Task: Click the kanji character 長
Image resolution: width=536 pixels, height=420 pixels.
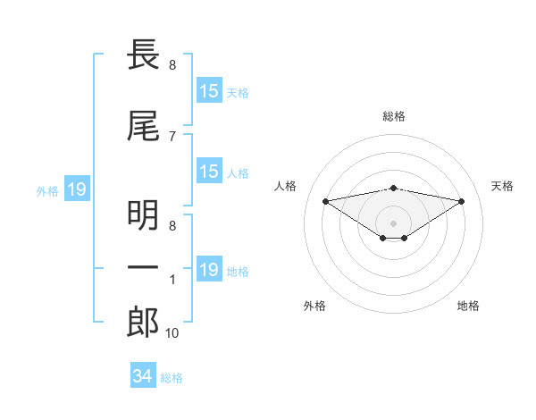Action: (x=144, y=55)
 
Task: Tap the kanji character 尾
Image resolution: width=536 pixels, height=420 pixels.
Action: (x=144, y=128)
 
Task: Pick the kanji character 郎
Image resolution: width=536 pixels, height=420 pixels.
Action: (x=144, y=321)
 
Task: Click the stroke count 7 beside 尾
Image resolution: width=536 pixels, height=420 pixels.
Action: (x=172, y=136)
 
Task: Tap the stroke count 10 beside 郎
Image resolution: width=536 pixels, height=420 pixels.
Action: (x=172, y=332)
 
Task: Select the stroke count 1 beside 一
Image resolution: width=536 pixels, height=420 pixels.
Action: (x=172, y=280)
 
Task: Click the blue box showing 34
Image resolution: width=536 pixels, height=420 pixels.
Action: (x=142, y=376)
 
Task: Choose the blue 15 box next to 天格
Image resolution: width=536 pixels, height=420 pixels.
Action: (x=209, y=91)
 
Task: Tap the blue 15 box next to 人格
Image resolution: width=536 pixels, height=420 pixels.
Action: (x=209, y=172)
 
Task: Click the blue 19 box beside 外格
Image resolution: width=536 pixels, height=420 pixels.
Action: (x=76, y=189)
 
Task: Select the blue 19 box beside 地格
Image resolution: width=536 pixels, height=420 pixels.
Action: (x=209, y=270)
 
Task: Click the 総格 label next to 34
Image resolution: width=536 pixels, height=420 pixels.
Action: (x=172, y=378)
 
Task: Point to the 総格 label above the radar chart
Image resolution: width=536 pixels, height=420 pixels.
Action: (x=393, y=116)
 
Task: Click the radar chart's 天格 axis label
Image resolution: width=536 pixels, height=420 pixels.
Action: (x=502, y=186)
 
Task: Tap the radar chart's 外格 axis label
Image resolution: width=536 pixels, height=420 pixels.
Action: (x=314, y=306)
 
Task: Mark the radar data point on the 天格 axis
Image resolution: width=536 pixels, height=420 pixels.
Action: (x=462, y=201)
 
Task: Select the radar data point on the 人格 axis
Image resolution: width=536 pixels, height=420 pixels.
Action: (x=325, y=200)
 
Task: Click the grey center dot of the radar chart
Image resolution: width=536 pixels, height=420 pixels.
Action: (x=393, y=223)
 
